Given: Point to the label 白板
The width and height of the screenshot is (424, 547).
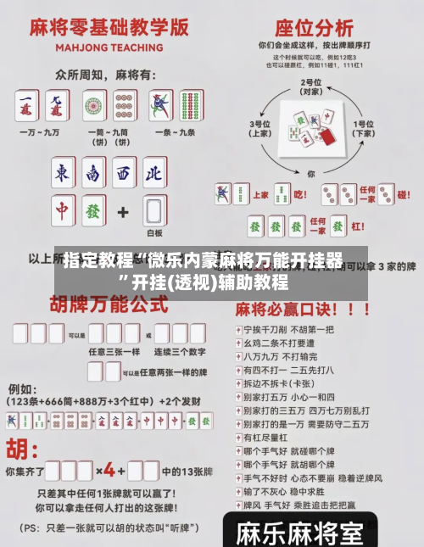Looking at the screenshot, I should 153,233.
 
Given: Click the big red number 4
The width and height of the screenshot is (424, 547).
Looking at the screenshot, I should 109,470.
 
